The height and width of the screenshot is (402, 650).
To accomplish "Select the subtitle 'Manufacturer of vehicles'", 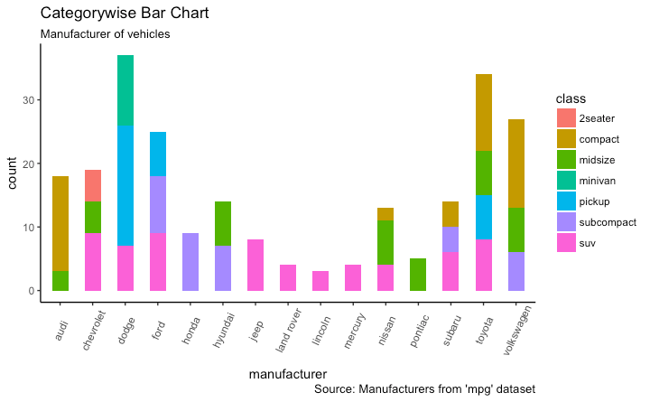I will tap(106, 34).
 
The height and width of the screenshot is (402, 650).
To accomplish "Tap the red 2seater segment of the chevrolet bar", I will tap(93, 185).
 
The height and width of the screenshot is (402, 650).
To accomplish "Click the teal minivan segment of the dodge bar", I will tap(125, 90).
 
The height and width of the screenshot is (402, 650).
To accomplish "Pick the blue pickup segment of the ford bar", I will tap(158, 154).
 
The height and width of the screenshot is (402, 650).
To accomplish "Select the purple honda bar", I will tap(190, 262).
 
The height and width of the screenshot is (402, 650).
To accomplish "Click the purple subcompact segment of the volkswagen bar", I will tap(515, 271).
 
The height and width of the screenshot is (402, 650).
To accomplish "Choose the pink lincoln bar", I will tap(320, 281).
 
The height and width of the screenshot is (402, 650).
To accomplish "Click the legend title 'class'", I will tap(571, 98).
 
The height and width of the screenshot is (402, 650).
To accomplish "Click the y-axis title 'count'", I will tap(14, 172).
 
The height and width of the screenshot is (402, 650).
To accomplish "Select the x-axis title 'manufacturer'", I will tap(288, 372).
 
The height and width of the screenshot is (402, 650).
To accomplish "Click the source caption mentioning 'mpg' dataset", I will tap(424, 389).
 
